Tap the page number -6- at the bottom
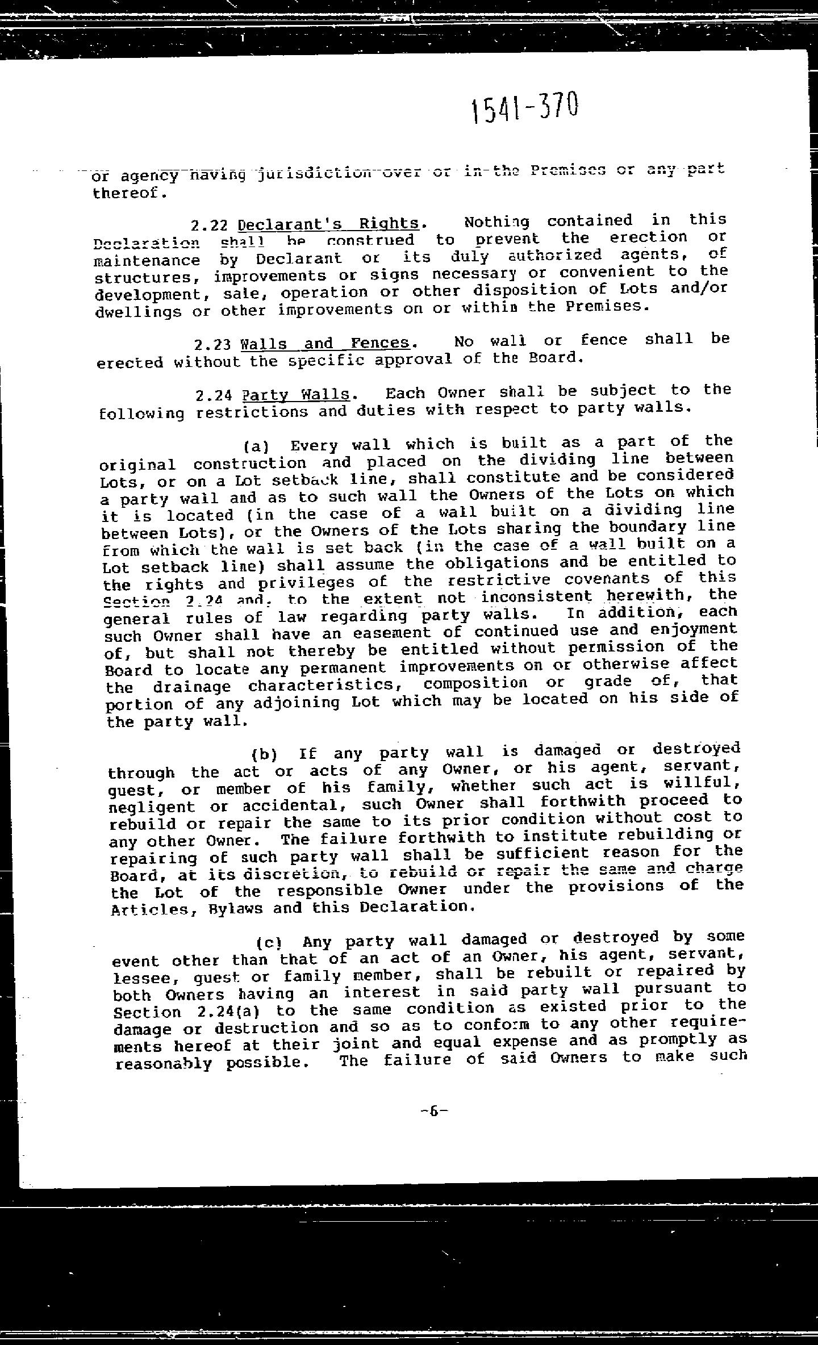click(x=435, y=1110)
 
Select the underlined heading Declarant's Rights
click(x=328, y=224)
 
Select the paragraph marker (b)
click(x=264, y=755)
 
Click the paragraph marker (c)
click(x=269, y=943)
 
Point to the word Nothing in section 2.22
click(x=496, y=222)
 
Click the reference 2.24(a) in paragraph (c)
click(x=222, y=1012)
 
